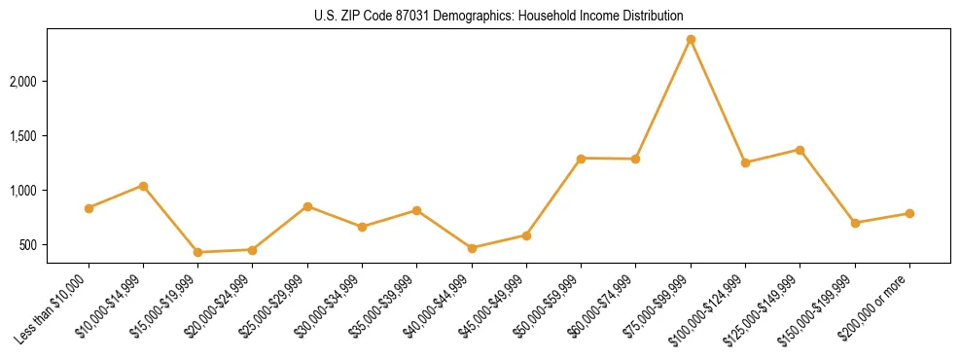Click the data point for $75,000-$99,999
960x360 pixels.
691,39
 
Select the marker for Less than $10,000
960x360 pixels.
89,208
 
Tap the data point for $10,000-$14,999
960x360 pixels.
143,186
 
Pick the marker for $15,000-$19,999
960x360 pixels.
197,252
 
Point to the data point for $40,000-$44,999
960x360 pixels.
472,248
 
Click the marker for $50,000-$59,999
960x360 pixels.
581,158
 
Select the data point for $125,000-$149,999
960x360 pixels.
800,150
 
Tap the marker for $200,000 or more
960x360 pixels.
909,213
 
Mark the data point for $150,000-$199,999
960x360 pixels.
855,223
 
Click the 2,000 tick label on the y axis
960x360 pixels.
22,81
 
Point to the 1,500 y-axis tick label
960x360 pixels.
22,136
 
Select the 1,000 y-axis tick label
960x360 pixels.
22,191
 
